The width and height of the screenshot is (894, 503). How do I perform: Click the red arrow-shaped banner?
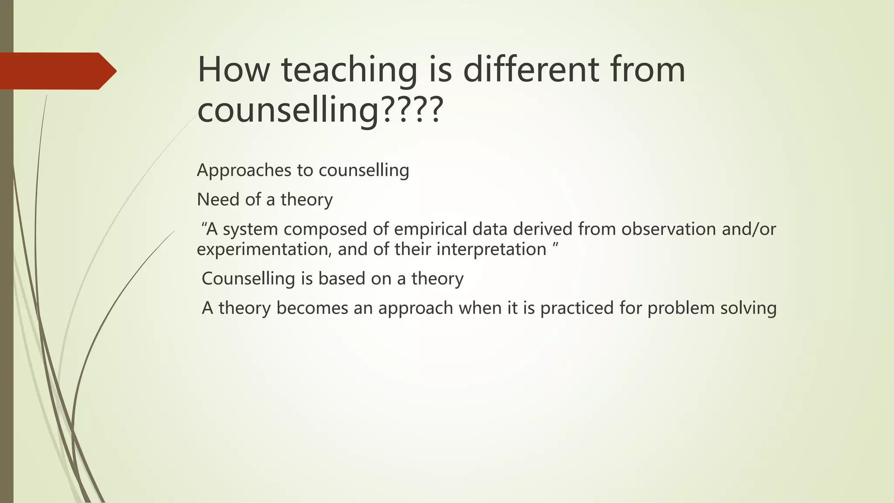[57, 71]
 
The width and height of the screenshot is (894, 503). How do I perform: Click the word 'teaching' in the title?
[349, 70]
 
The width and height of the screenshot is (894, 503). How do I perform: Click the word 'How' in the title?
[234, 70]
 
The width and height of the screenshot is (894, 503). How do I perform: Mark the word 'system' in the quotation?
[250, 229]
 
